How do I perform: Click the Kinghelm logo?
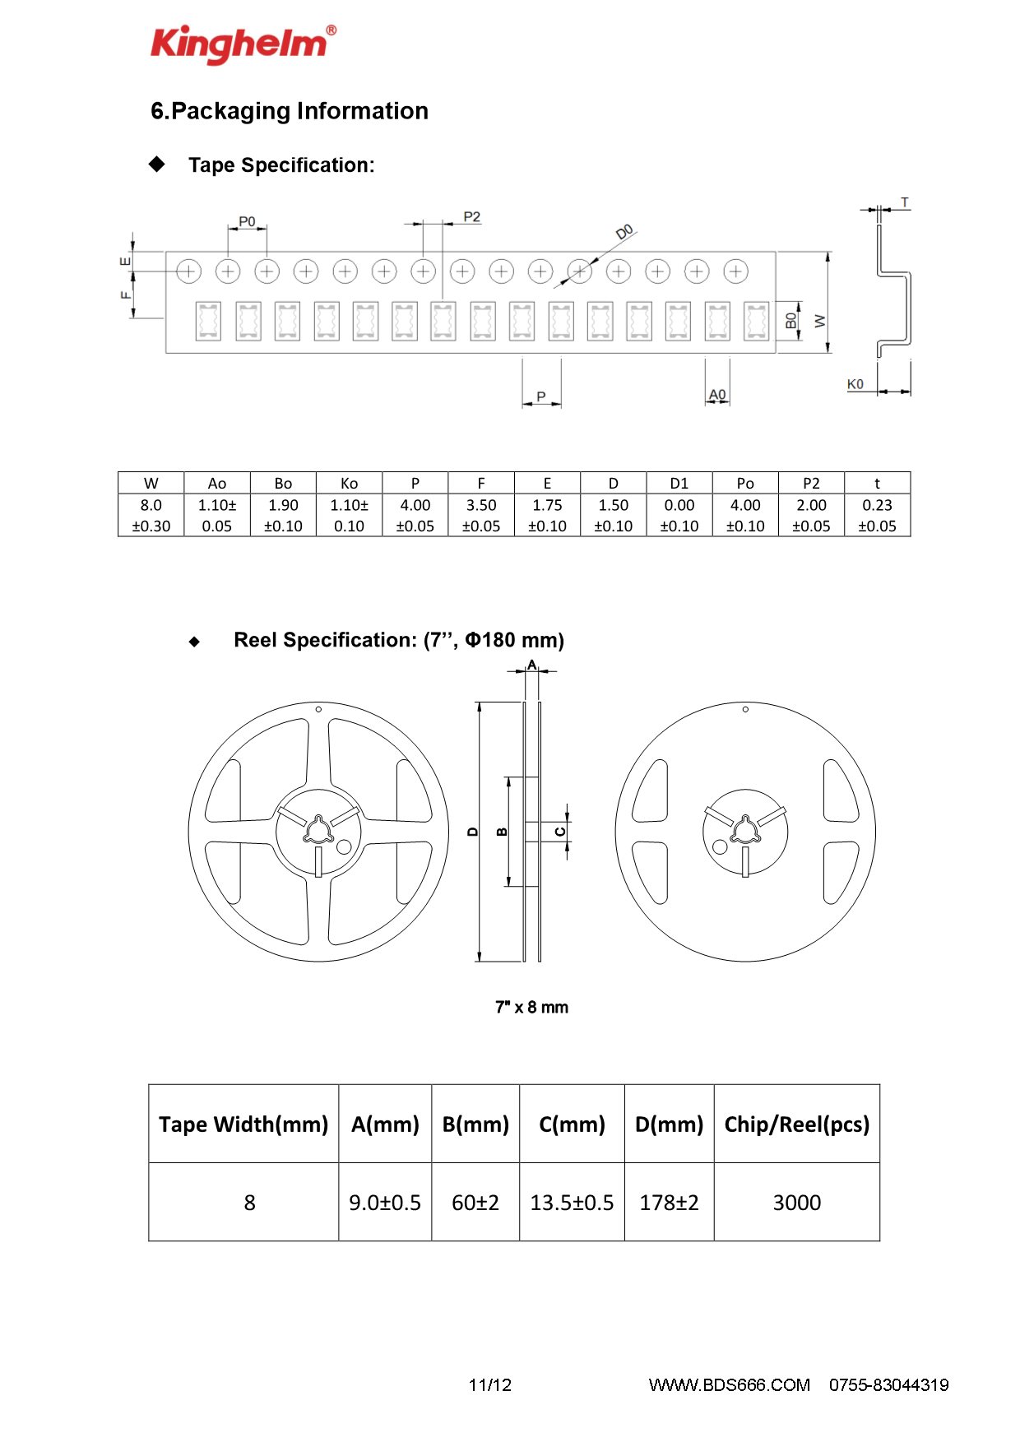[243, 44]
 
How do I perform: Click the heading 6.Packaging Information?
[290, 111]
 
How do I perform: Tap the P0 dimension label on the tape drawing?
[247, 221]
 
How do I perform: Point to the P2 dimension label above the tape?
[471, 217]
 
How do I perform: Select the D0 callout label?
[625, 232]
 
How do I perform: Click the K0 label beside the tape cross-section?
[855, 384]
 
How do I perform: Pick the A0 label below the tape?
[717, 395]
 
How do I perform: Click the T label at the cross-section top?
[905, 202]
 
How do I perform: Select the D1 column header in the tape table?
[679, 483]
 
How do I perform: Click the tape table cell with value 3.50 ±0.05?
[481, 515]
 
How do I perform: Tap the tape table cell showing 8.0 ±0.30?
[151, 515]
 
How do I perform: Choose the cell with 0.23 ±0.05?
[878, 515]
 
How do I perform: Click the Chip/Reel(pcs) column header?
[797, 1124]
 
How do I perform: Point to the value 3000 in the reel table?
[797, 1203]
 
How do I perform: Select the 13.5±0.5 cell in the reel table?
[572, 1202]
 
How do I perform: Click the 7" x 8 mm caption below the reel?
[531, 1007]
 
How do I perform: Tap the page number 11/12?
[490, 1385]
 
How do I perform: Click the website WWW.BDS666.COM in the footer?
[730, 1385]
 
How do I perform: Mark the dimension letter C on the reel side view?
[560, 832]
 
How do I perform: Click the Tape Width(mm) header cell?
[243, 1124]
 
